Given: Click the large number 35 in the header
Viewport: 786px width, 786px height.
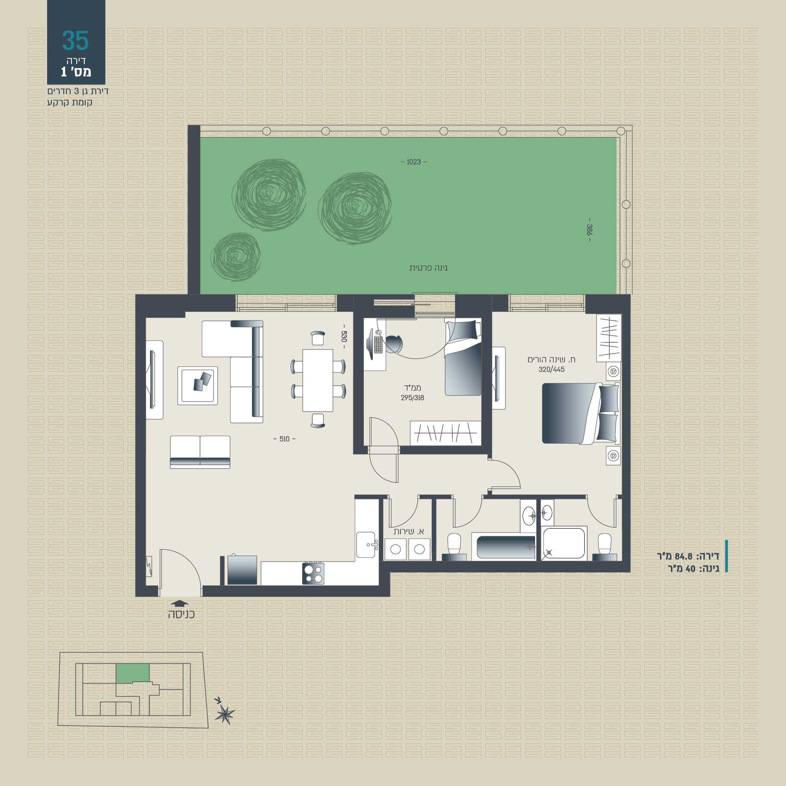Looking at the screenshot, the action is tap(75, 40).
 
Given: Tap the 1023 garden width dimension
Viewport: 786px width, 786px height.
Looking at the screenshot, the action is tap(414, 162).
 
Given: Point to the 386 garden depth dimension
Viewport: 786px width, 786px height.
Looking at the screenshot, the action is tap(589, 230).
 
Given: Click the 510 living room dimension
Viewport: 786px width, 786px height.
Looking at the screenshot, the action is tap(284, 439).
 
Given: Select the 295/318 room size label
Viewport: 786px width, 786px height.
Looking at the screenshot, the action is tap(412, 398).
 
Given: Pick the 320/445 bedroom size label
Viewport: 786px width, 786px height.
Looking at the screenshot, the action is tap(551, 369).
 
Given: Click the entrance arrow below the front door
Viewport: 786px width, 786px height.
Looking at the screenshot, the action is tap(179, 603).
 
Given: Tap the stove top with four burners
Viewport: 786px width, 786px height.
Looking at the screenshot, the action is tap(313, 573).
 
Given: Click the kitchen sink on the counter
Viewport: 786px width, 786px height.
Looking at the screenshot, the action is tap(365, 545).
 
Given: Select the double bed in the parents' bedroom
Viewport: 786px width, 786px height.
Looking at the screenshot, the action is tap(580, 414).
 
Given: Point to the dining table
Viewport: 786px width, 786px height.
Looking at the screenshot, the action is tap(317, 380).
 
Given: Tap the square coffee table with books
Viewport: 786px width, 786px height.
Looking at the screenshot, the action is tap(197, 386).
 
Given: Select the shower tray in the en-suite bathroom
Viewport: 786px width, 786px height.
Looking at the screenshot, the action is tap(564, 543).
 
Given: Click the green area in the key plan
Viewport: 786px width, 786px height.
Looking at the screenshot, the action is tap(133, 674).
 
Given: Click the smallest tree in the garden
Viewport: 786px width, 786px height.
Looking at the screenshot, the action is tap(235, 257).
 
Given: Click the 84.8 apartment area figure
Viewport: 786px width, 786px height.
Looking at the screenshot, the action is tap(683, 556).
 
